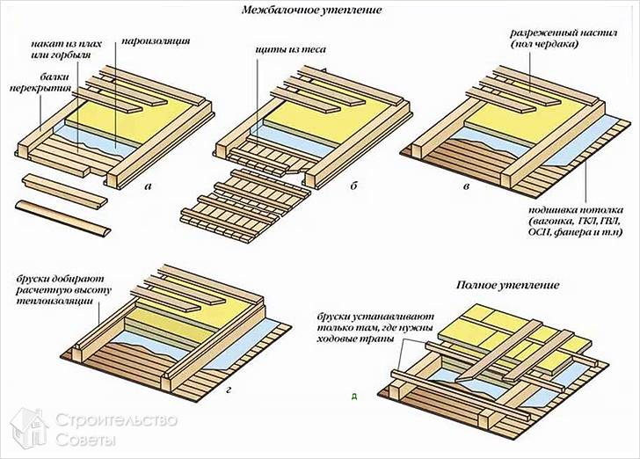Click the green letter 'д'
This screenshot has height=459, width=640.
(x=353, y=397)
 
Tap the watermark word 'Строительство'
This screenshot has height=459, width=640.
(x=116, y=419)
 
